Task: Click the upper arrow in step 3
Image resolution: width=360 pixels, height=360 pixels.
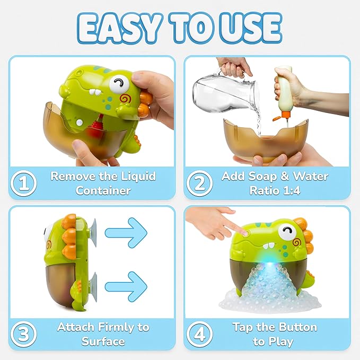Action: pos(125,232)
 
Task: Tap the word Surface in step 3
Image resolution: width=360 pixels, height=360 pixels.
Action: pos(103,341)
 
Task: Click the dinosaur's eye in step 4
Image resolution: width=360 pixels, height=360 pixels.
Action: pos(288,231)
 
